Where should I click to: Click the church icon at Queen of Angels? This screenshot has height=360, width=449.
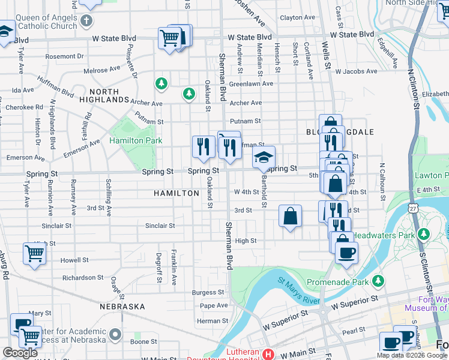coord(86,22)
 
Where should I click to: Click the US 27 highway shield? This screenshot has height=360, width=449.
coord(413,207)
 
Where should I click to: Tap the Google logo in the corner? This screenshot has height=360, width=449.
coord(20,353)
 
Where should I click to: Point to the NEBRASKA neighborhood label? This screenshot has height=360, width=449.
coord(122,307)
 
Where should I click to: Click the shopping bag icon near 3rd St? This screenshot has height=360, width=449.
coord(290,217)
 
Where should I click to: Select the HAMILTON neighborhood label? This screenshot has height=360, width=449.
coord(176,193)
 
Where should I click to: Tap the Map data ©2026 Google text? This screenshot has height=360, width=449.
coord(412,355)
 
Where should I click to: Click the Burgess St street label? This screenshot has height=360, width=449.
coord(208,292)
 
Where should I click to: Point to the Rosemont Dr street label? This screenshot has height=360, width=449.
coord(71,56)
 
